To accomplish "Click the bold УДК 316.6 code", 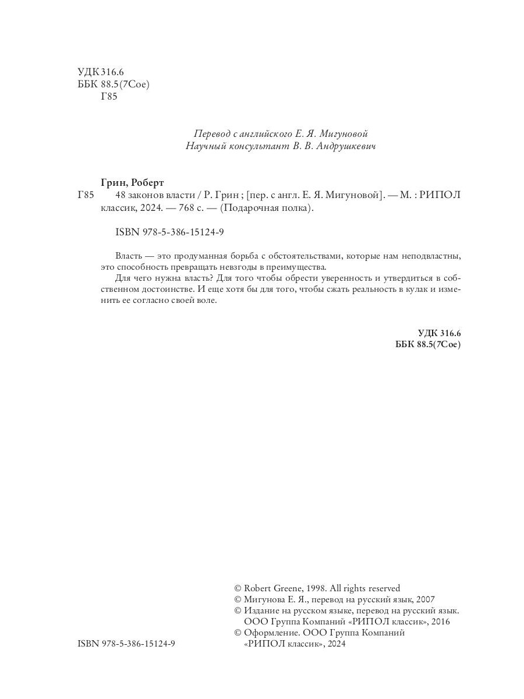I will pos(439,333).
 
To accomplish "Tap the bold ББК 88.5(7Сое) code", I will pos(427,344).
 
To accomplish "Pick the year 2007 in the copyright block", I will pos(425,599).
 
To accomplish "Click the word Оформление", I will pos(271,633).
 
